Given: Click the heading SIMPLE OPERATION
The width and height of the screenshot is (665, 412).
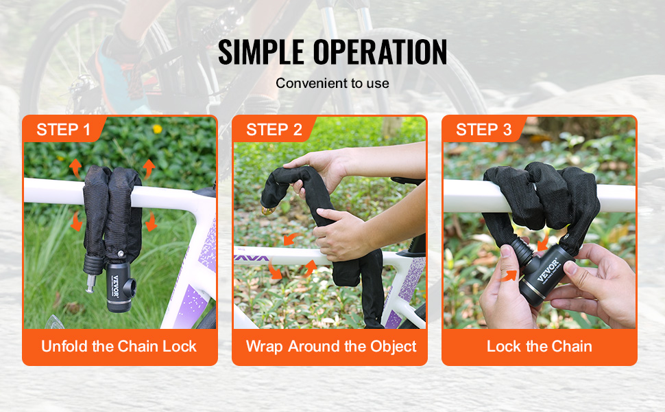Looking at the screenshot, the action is coord(332,52).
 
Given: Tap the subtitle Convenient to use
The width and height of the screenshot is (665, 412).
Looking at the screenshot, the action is coord(332,83).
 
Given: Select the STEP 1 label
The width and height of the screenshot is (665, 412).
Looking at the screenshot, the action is coord(64,130).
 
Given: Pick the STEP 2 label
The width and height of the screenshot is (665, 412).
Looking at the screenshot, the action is coord(274,130).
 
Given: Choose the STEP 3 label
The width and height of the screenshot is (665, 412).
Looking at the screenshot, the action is coord(484,130).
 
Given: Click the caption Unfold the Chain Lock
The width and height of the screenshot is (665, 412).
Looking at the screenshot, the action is coord(119,346).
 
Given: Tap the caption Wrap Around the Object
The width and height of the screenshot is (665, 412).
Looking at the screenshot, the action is coord(331,347).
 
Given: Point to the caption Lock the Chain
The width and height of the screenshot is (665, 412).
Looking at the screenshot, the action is coord(540,346).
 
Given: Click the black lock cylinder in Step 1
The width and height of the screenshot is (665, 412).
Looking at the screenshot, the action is coord(119,287).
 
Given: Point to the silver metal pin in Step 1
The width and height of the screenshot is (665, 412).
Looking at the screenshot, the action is coord(90,284).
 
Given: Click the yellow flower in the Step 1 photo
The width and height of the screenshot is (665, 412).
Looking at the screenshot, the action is coord(158,128).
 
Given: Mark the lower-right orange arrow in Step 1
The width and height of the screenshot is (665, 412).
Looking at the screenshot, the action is coord(151,221).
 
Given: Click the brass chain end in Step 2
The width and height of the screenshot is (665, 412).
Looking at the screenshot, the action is coord(268,210).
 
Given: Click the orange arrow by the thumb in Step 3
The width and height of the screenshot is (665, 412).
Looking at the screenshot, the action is coord(509,276).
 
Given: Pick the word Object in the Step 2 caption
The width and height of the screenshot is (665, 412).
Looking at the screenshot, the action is coord(394,347).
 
